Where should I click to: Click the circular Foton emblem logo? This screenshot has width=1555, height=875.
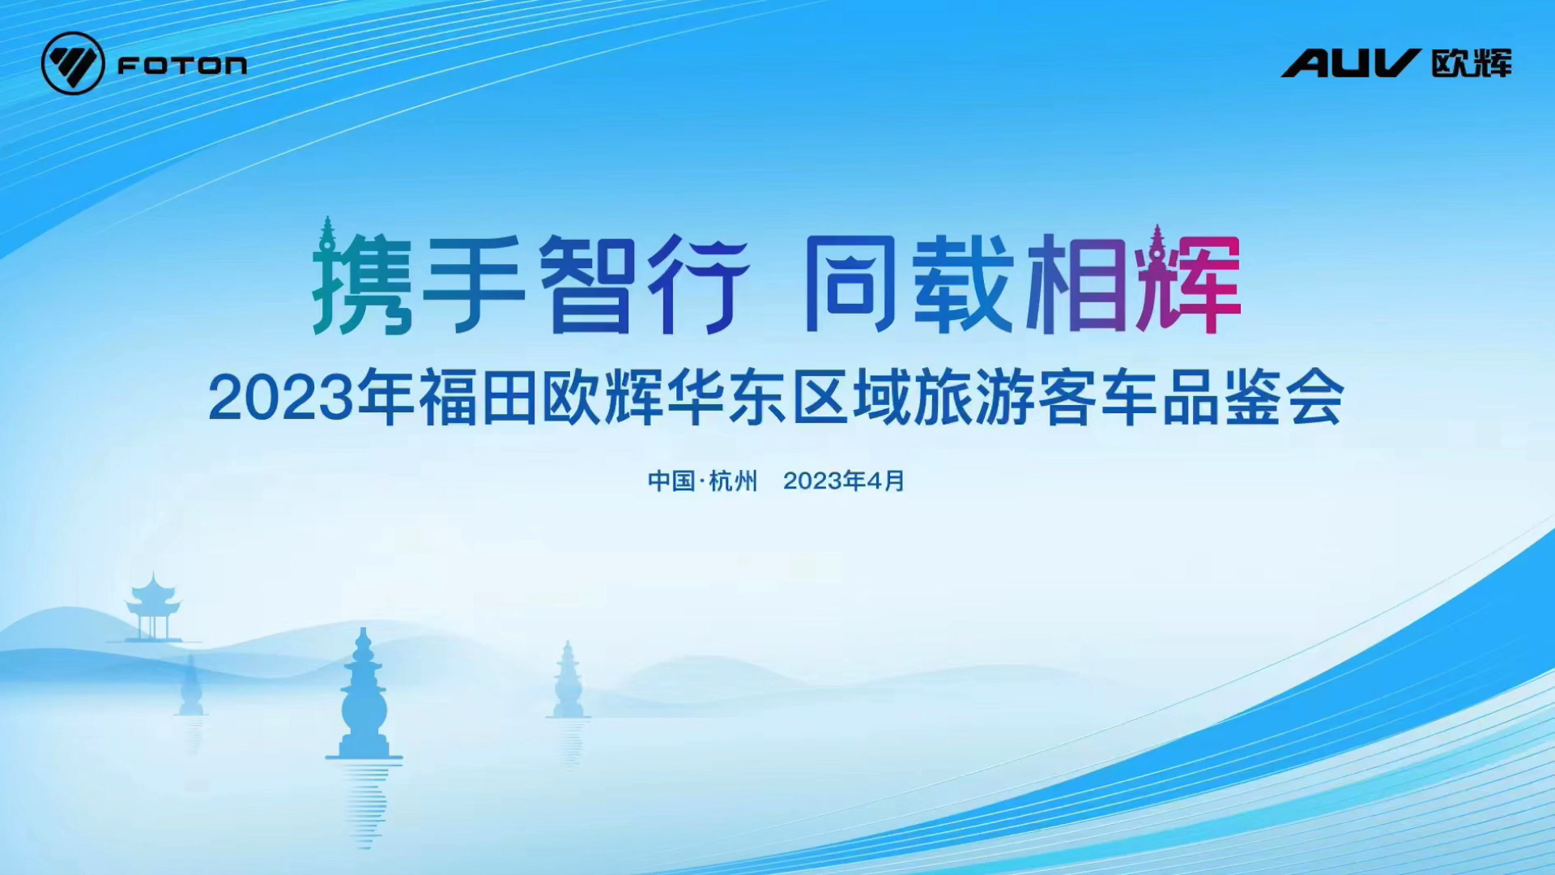(73, 63)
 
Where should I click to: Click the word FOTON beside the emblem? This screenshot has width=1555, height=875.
(182, 65)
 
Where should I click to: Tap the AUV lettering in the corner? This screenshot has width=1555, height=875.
(1350, 63)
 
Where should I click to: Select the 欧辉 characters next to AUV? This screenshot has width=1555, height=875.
(1472, 63)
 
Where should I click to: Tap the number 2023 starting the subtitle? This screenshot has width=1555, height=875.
(281, 398)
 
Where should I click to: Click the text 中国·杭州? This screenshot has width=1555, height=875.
(702, 481)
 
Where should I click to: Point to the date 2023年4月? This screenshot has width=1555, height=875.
(844, 481)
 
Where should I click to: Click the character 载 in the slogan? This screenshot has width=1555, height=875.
(964, 284)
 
